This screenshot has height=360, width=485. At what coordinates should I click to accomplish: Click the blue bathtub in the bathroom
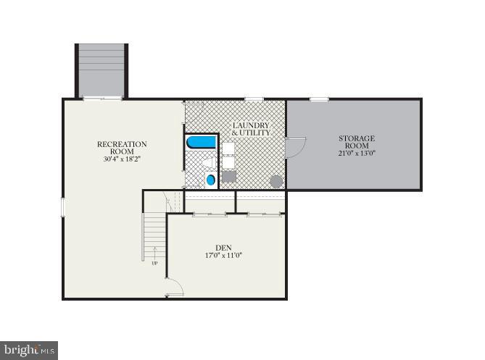point(202,142)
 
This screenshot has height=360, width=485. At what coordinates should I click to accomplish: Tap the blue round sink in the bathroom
point(211,180)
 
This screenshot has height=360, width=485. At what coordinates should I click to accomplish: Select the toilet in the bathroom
point(209,164)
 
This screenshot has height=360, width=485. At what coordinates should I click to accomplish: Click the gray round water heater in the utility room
point(276,181)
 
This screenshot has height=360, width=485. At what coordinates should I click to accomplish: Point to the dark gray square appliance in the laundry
point(228,177)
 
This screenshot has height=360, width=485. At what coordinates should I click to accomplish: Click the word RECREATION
point(122,144)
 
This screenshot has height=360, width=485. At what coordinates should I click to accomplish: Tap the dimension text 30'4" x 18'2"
point(122,159)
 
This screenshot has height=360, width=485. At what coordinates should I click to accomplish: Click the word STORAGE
point(357,138)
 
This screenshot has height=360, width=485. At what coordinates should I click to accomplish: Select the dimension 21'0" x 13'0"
point(357,154)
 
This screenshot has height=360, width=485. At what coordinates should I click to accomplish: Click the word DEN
point(223,248)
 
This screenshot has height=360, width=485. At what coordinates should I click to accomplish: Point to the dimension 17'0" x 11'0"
point(223,256)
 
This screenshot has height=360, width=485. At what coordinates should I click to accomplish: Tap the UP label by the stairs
point(154,262)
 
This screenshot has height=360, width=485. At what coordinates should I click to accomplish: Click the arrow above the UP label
point(154,253)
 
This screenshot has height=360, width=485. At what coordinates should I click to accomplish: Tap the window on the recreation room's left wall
point(63,207)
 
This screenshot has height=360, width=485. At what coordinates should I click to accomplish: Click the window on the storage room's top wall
point(319,99)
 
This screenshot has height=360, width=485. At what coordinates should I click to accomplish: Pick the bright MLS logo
point(29,351)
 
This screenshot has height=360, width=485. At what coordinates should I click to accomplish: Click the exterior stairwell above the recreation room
point(101,70)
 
